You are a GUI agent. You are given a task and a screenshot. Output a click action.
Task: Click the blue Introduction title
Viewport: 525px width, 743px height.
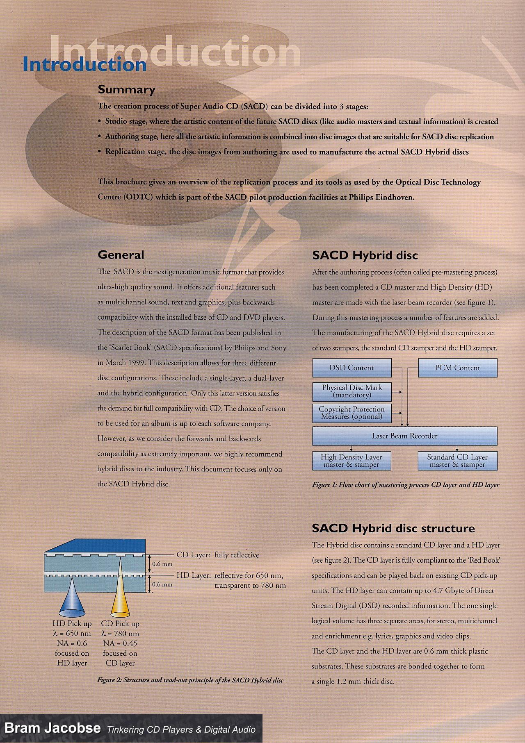pyautogui.click(x=84, y=65)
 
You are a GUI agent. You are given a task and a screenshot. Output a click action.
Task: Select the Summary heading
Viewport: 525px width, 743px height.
pyautogui.click(x=126, y=89)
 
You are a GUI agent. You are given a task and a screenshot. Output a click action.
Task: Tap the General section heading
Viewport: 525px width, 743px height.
pyautogui.click(x=121, y=255)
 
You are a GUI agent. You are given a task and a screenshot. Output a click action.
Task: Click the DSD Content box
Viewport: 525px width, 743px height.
pyautogui.click(x=352, y=368)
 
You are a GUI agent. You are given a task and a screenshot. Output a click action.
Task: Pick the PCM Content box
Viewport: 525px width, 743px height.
pyautogui.click(x=457, y=368)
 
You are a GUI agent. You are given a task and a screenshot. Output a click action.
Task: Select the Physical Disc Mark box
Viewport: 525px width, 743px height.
pyautogui.click(x=352, y=391)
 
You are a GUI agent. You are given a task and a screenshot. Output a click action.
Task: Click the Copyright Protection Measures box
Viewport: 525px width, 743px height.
pyautogui.click(x=352, y=413)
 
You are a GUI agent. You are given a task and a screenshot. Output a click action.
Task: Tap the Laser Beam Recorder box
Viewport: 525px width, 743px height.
pyautogui.click(x=404, y=436)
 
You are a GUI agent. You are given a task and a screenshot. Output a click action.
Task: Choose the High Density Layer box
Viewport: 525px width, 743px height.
pyautogui.click(x=351, y=461)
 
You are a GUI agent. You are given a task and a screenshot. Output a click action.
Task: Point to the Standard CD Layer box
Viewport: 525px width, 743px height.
pyautogui.click(x=457, y=461)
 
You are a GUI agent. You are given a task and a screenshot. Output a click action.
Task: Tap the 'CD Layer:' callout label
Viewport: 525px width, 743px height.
pyautogui.click(x=193, y=555)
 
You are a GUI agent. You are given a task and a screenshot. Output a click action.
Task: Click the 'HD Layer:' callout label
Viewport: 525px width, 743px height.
pyautogui.click(x=193, y=575)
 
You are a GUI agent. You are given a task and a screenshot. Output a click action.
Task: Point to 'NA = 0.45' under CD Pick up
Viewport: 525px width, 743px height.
pyautogui.click(x=120, y=643)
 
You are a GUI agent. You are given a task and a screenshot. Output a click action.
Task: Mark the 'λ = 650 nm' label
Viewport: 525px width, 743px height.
pyautogui.click(x=72, y=634)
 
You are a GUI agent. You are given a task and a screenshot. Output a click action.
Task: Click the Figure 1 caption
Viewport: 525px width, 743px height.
pyautogui.click(x=406, y=485)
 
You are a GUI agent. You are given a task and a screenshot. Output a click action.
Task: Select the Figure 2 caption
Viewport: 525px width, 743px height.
pyautogui.click(x=190, y=680)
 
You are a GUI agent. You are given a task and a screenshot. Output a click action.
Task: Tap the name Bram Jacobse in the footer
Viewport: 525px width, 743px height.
pyautogui.click(x=52, y=728)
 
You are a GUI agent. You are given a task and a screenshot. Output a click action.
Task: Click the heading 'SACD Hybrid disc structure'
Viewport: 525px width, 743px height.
pyautogui.click(x=393, y=528)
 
